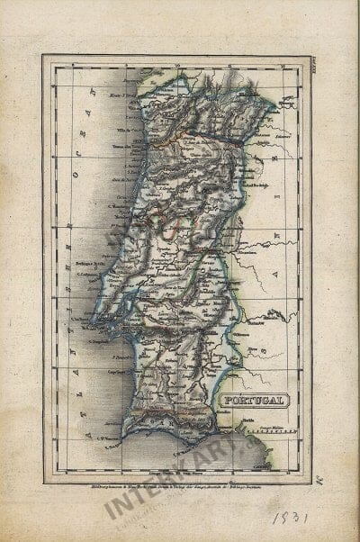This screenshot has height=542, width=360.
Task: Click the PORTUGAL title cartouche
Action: pos(253,399)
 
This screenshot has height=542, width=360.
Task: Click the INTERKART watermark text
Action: pos(180,473)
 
